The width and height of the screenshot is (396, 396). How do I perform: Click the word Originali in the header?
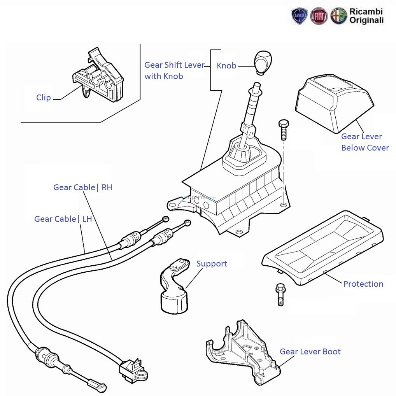coord(366,21)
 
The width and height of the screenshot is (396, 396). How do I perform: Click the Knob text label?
coord(226,66)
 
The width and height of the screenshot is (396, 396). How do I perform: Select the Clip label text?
coord(44,98)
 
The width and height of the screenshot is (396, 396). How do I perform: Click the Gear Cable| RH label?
coord(82,187)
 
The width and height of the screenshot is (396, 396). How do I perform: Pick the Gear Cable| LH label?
coord(63,219)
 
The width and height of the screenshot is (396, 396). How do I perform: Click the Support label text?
coord(212,264)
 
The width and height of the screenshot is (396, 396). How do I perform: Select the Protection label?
coord(363,284)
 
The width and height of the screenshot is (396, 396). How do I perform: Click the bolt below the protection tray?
coord(280,294)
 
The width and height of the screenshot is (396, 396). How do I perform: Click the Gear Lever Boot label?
coord(310,352)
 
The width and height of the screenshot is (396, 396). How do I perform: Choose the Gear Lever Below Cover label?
coord(365,142)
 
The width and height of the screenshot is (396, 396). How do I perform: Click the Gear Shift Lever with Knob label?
coord(174,70)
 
